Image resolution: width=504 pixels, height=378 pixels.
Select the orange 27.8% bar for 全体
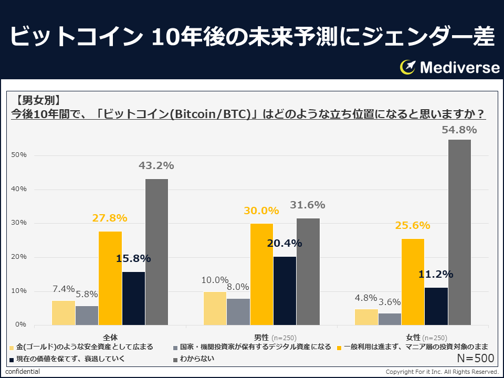click(110, 278)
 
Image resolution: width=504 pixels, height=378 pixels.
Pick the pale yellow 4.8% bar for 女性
click(366, 317)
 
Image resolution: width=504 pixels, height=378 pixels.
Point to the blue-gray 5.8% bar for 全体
click(87, 315)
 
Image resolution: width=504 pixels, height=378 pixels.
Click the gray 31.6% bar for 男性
click(308, 271)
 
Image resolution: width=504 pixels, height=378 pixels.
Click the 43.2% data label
click(156, 165)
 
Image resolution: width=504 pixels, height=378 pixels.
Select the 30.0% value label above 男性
click(261, 211)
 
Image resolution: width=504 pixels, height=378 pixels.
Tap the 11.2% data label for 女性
click(436, 274)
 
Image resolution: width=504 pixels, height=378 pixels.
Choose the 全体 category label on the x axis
click(110, 337)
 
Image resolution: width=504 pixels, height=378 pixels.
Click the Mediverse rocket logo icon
click(407, 67)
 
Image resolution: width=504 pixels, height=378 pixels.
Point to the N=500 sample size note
click(475, 359)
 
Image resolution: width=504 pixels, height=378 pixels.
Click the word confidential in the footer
click(23, 372)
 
